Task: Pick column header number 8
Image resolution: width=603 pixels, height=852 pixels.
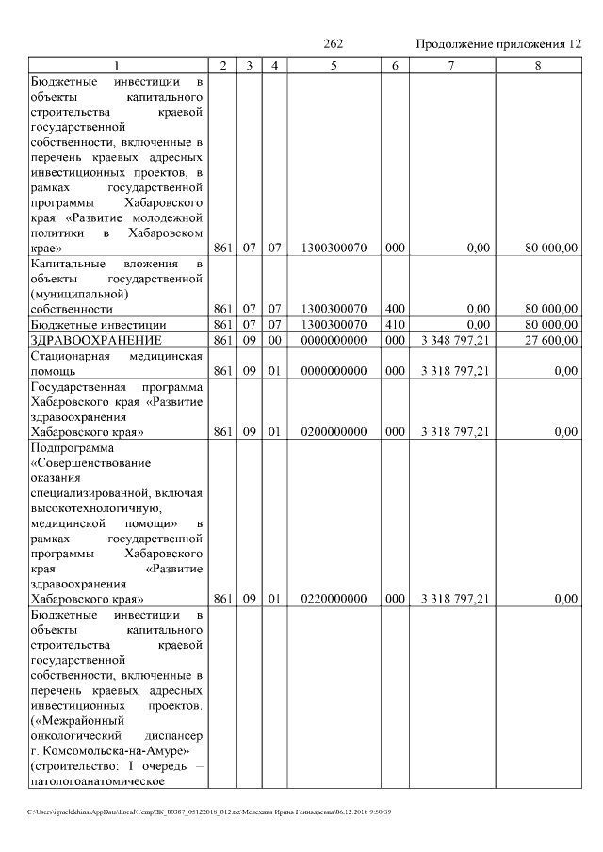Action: click(x=537, y=66)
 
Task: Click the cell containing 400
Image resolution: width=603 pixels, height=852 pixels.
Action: click(x=395, y=308)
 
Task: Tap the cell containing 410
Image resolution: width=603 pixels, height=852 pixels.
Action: click(x=395, y=323)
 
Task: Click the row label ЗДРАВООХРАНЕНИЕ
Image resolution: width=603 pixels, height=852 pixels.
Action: click(x=96, y=339)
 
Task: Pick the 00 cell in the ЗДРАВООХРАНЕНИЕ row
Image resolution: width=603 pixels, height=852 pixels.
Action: click(x=273, y=339)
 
